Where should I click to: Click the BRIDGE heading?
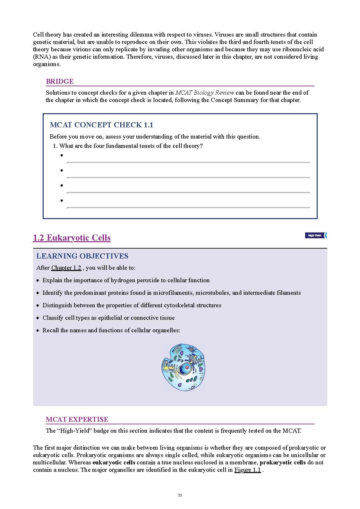[60, 81]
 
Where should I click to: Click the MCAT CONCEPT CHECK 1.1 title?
[101, 125]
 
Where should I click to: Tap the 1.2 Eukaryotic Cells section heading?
[72, 238]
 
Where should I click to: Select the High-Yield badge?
[316, 235]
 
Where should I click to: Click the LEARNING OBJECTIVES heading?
[82, 256]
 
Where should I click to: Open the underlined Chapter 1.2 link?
[66, 268]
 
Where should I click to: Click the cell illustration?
[183, 368]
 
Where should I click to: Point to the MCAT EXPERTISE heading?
[77, 420]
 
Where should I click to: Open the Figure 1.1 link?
[247, 470]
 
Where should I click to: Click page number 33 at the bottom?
[180, 495]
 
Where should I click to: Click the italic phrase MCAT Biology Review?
[204, 93]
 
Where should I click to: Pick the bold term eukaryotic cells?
[114, 462]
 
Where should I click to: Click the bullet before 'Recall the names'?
[38, 330]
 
